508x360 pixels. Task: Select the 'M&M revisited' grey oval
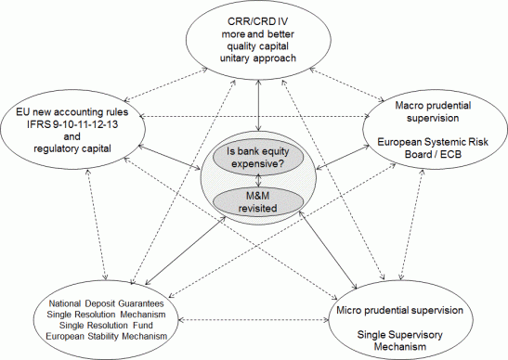click(x=254, y=200)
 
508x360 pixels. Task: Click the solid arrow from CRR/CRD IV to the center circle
click(x=256, y=102)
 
